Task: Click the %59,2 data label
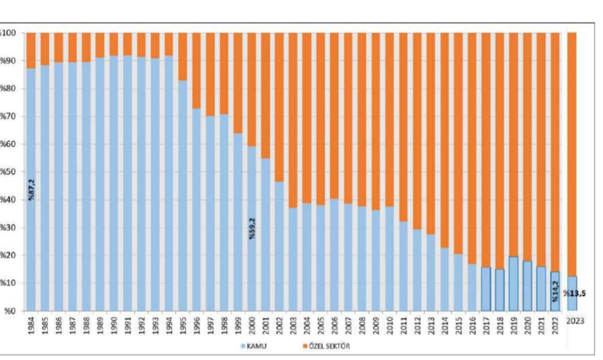coord(252,229)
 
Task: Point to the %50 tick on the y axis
coord(10,172)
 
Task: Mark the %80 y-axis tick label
coord(10,89)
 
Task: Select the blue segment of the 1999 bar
coord(238,223)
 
